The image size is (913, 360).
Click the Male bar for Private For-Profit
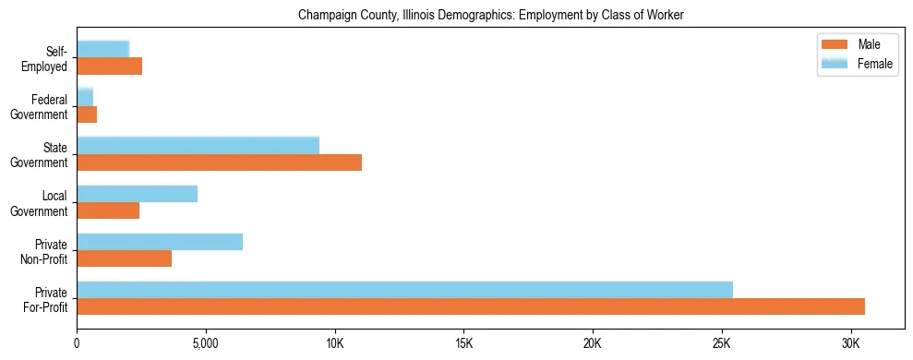[471, 306]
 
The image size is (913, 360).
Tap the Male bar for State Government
[219, 162]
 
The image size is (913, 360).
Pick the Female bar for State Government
[198, 146]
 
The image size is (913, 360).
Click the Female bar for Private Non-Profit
[160, 242]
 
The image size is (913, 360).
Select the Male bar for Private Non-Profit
[124, 258]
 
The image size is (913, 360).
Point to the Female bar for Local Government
[137, 194]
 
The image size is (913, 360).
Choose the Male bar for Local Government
[108, 210]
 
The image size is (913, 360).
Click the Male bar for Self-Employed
[109, 66]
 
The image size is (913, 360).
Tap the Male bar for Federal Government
[87, 114]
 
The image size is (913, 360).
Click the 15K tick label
[463, 343]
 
